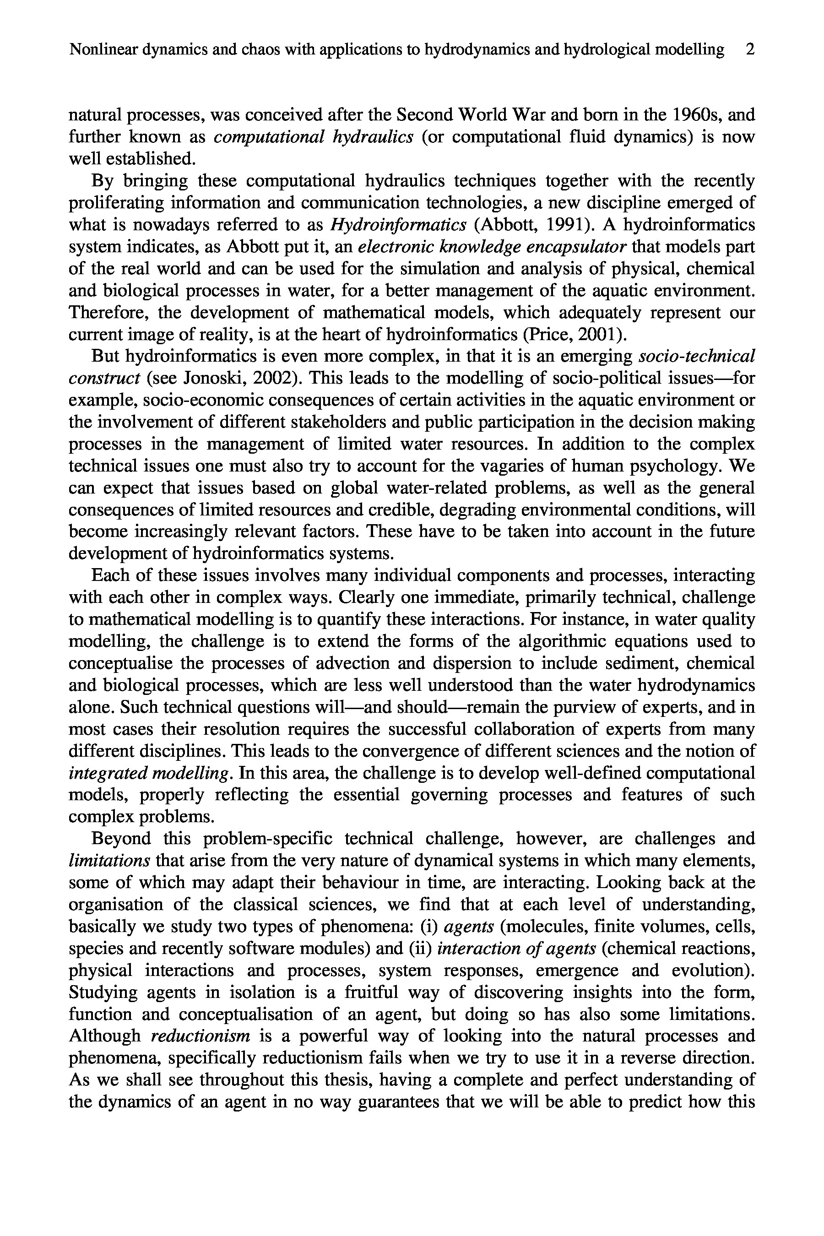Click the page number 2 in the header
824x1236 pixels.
[750, 50]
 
